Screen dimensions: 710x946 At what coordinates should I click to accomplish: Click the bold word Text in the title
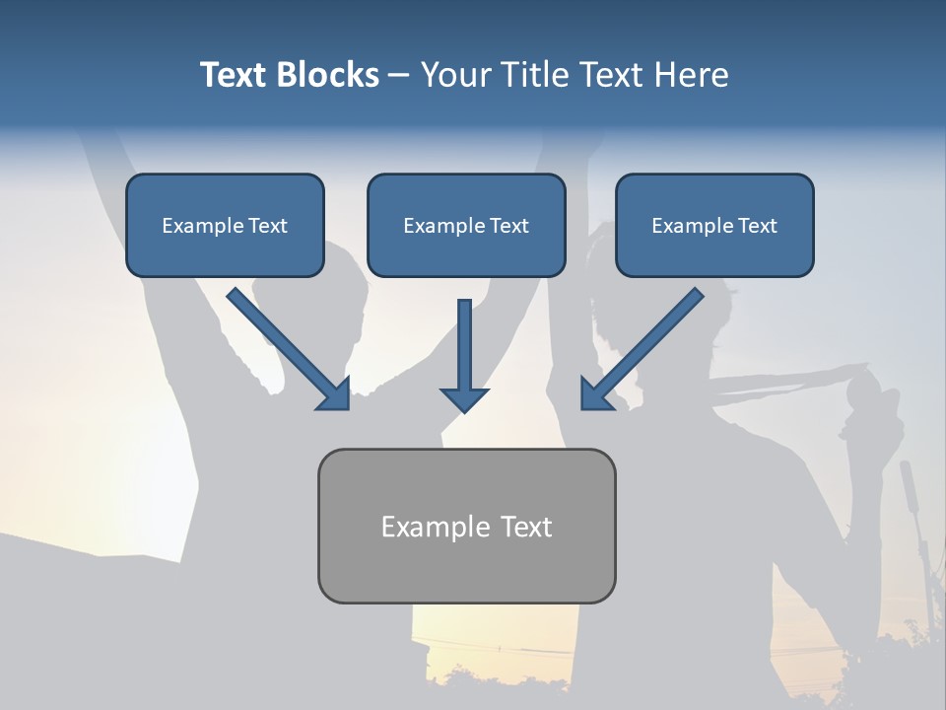point(235,75)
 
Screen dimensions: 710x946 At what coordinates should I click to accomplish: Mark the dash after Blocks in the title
point(399,76)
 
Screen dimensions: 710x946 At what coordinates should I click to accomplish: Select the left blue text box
point(225,225)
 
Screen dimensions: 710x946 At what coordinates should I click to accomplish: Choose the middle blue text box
point(466,225)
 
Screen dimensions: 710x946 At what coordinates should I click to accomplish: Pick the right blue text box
point(714,225)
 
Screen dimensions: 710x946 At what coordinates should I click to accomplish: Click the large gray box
point(466,526)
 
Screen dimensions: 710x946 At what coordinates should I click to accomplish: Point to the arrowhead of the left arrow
point(335,394)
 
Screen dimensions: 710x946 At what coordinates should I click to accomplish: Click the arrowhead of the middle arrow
point(464,398)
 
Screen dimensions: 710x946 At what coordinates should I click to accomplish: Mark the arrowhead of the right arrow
point(595,394)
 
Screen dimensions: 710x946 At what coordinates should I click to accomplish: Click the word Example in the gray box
point(430,527)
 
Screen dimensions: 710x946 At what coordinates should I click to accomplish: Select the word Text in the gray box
point(524,527)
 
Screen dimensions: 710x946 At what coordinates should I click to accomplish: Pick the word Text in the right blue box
point(757,226)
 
